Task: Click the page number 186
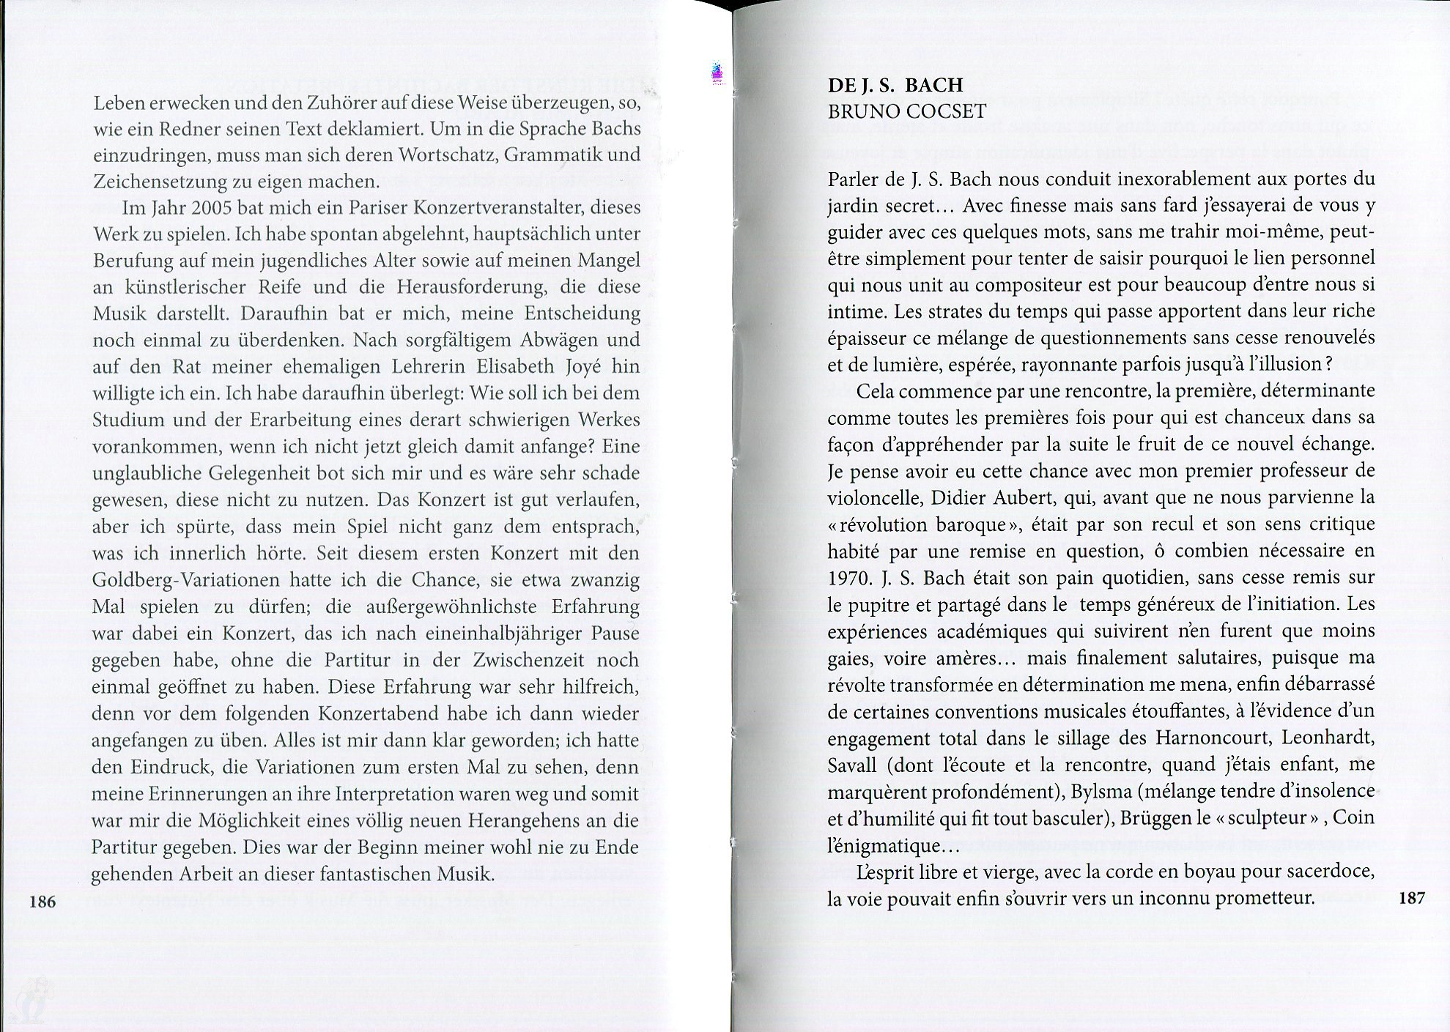coord(42,902)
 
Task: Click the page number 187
coord(1411,897)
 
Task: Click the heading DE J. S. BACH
coord(895,85)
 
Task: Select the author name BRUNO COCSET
coord(906,111)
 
